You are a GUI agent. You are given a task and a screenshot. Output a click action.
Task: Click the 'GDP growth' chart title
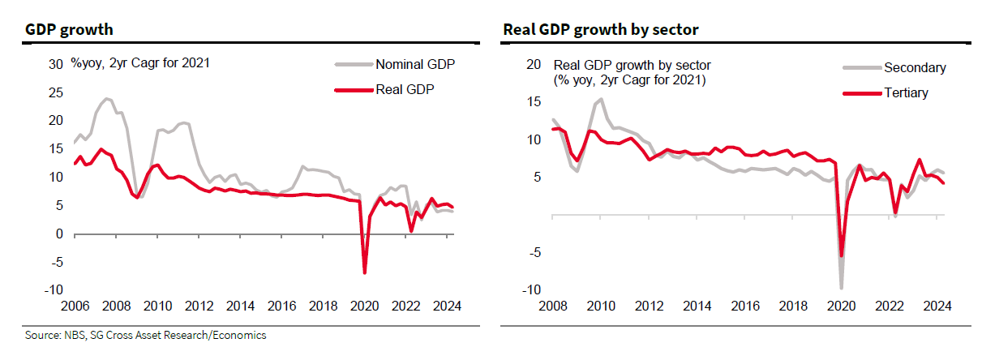click(69, 30)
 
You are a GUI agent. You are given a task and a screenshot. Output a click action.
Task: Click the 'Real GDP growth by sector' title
click(601, 30)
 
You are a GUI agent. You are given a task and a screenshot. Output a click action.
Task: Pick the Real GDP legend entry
click(405, 89)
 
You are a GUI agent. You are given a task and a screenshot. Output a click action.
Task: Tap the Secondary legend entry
click(915, 68)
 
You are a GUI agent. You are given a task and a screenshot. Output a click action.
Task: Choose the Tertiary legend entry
click(906, 92)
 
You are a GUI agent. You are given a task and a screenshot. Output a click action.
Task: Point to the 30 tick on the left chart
click(57, 64)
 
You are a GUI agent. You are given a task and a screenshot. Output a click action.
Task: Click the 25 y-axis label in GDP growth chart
click(57, 92)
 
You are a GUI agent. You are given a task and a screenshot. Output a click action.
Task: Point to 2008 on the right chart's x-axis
click(551, 307)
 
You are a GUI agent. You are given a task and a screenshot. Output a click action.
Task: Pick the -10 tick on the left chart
click(54, 290)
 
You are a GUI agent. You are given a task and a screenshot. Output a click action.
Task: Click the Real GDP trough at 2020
click(365, 272)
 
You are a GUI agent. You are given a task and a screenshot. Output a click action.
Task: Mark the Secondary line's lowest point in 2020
click(841, 288)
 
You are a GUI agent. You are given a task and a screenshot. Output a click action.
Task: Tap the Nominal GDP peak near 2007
click(106, 99)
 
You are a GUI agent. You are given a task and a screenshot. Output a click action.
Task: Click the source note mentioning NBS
click(144, 335)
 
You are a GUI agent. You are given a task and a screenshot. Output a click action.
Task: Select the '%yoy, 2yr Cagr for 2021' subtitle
click(139, 62)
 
